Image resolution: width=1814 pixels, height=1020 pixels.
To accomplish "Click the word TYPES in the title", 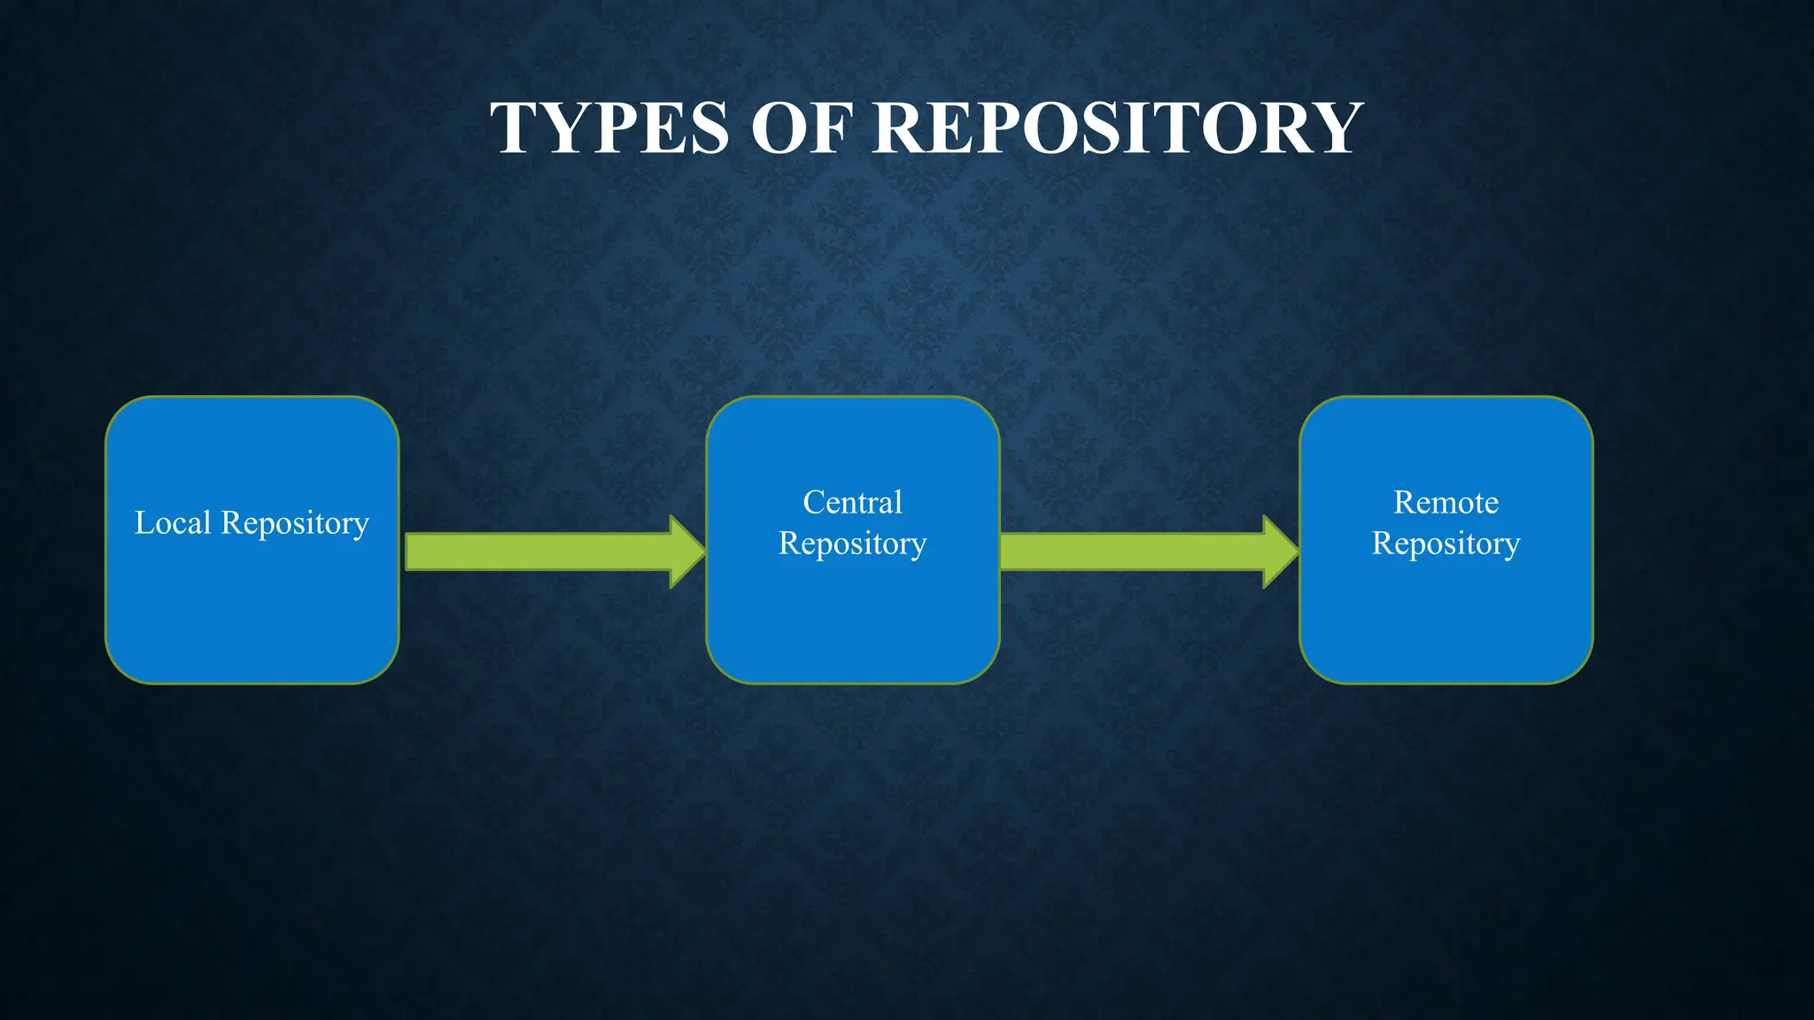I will coord(609,128).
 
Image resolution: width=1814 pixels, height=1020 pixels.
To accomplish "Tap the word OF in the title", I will coord(802,128).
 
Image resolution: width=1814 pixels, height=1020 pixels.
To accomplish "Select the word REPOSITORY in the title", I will coord(1118,128).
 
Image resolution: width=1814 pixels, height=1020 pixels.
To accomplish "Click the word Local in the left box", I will coord(173,522).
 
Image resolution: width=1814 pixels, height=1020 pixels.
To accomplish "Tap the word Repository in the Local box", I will coord(295,523).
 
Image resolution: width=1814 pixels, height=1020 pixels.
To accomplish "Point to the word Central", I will coord(852,502).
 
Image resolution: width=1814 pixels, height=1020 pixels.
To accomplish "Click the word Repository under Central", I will coord(852,544).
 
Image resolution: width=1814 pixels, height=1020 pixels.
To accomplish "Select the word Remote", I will coord(1446,502).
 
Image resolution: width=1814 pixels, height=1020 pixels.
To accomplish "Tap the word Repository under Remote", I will coord(1446,544).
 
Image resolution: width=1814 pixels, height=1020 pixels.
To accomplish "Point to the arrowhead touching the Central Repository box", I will coord(686,552).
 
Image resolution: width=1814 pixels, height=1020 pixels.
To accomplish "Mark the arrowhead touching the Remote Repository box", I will coord(1280,552).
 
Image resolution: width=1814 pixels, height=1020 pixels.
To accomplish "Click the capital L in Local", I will coord(143,522).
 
